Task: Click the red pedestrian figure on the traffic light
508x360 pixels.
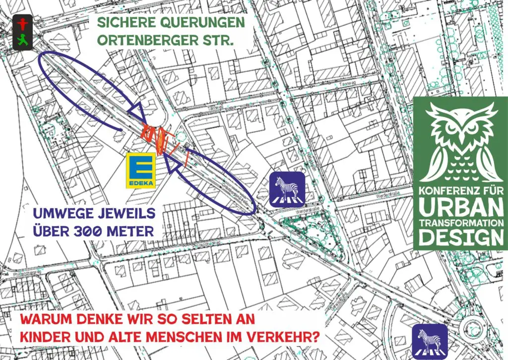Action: [x=21, y=22]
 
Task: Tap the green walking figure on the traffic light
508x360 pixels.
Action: [x=21, y=39]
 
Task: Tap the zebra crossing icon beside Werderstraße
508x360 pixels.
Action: [x=287, y=189]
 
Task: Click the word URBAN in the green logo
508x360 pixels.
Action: [x=460, y=204]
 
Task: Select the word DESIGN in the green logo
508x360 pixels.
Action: [x=460, y=239]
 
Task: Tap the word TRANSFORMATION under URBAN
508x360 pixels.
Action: [x=460, y=222]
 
